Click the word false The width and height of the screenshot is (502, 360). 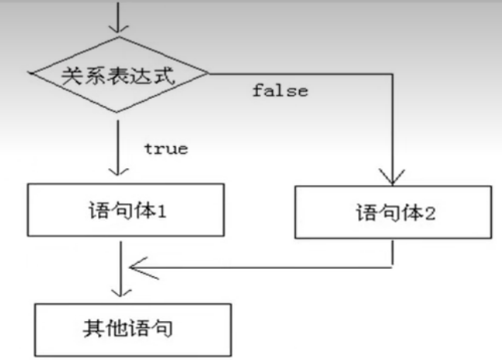pos(280,91)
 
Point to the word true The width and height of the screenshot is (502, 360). pos(166,149)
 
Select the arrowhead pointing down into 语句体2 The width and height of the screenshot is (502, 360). pos(394,177)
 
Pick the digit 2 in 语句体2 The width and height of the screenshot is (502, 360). pos(430,211)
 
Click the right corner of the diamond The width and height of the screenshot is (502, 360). pos(209,74)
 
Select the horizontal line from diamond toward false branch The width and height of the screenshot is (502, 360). pos(303,75)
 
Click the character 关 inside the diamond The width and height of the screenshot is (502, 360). pos(69,75)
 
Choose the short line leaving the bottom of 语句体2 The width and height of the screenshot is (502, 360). pos(394,253)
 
